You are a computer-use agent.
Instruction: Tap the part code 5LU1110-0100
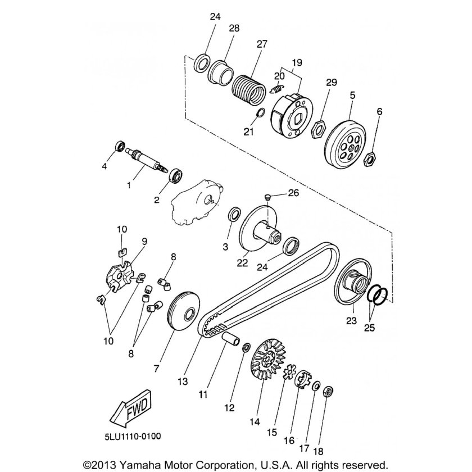point(133,437)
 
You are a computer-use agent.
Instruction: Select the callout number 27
point(262,44)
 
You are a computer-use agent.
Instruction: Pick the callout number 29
point(331,82)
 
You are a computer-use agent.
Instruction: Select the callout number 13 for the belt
point(183,382)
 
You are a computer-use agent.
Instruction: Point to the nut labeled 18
point(328,392)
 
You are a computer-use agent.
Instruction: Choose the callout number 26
point(293,193)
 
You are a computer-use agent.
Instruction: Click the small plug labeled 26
point(267,197)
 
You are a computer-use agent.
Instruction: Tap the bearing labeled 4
point(120,146)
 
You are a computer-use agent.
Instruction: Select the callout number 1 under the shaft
point(129,185)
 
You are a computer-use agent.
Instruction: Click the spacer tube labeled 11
point(231,339)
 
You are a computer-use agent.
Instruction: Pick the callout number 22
point(242,263)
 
